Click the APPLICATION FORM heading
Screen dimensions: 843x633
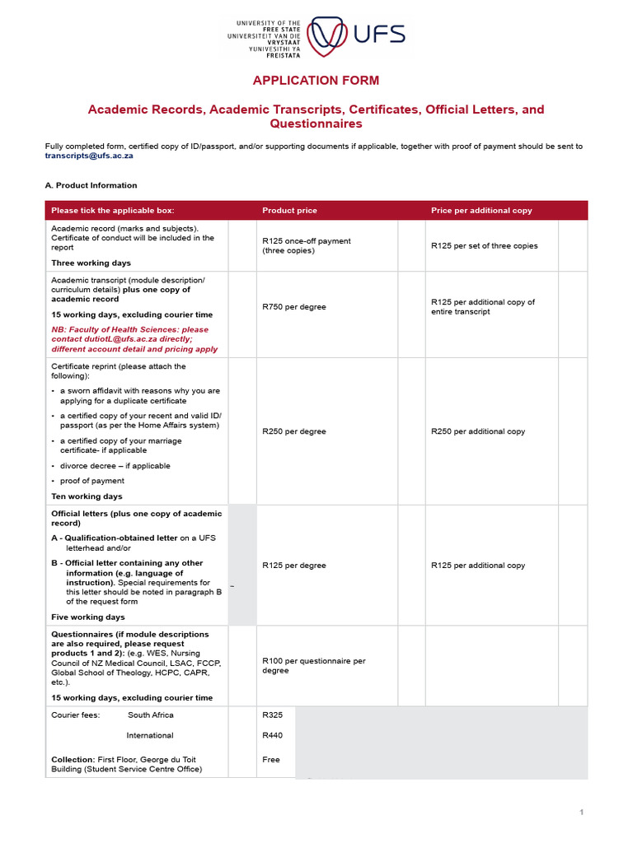coord(316,80)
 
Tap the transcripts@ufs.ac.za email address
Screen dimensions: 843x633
coord(89,155)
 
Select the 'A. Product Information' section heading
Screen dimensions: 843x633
coord(91,185)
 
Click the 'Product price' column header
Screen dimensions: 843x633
coord(289,211)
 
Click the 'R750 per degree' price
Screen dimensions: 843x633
coord(293,307)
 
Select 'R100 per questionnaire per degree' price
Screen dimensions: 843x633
coord(313,665)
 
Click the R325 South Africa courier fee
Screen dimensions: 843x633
coord(272,715)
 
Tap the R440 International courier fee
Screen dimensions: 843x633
coord(273,735)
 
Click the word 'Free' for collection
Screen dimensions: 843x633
coord(271,760)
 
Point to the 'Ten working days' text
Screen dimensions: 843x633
coord(87,496)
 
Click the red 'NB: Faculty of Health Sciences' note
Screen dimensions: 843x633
coord(134,338)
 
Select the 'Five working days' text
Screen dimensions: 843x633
coord(88,617)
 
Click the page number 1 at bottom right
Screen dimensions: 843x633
coord(581,813)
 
